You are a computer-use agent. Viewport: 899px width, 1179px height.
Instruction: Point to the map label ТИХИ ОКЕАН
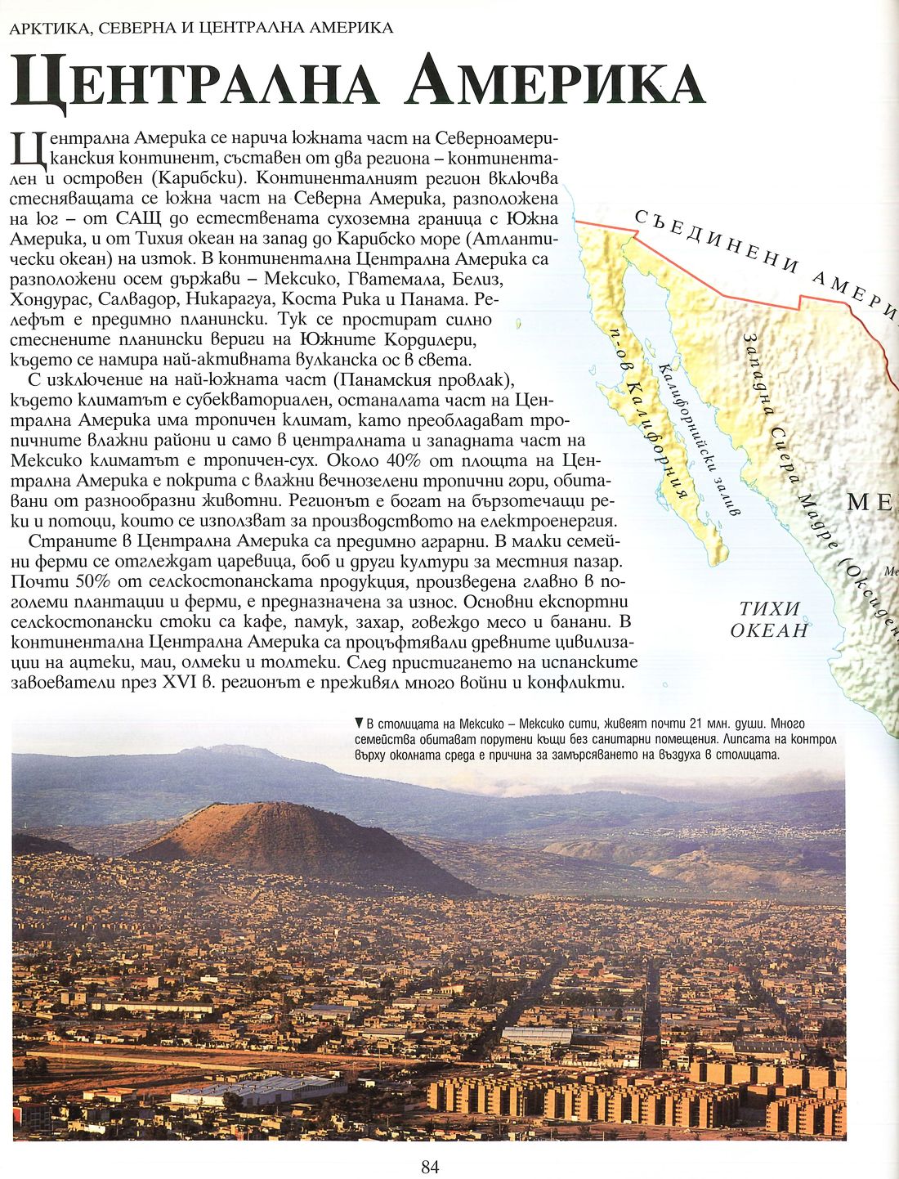[768, 619]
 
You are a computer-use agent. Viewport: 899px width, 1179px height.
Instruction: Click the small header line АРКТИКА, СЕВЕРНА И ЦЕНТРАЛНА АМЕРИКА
[200, 28]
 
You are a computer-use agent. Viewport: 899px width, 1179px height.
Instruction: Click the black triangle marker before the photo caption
[359, 724]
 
